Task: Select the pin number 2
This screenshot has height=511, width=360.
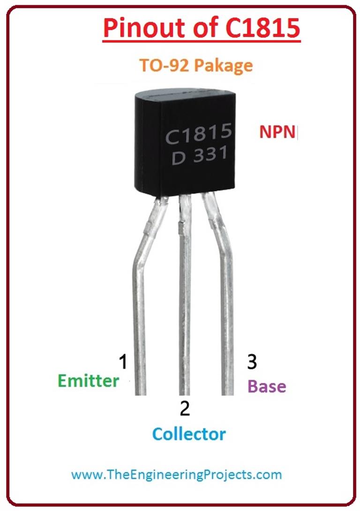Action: pos(185,409)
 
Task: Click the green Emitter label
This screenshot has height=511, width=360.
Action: pos(89,381)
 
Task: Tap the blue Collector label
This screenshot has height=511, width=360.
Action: pos(188,434)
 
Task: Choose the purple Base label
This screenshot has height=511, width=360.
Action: pos(266,386)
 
